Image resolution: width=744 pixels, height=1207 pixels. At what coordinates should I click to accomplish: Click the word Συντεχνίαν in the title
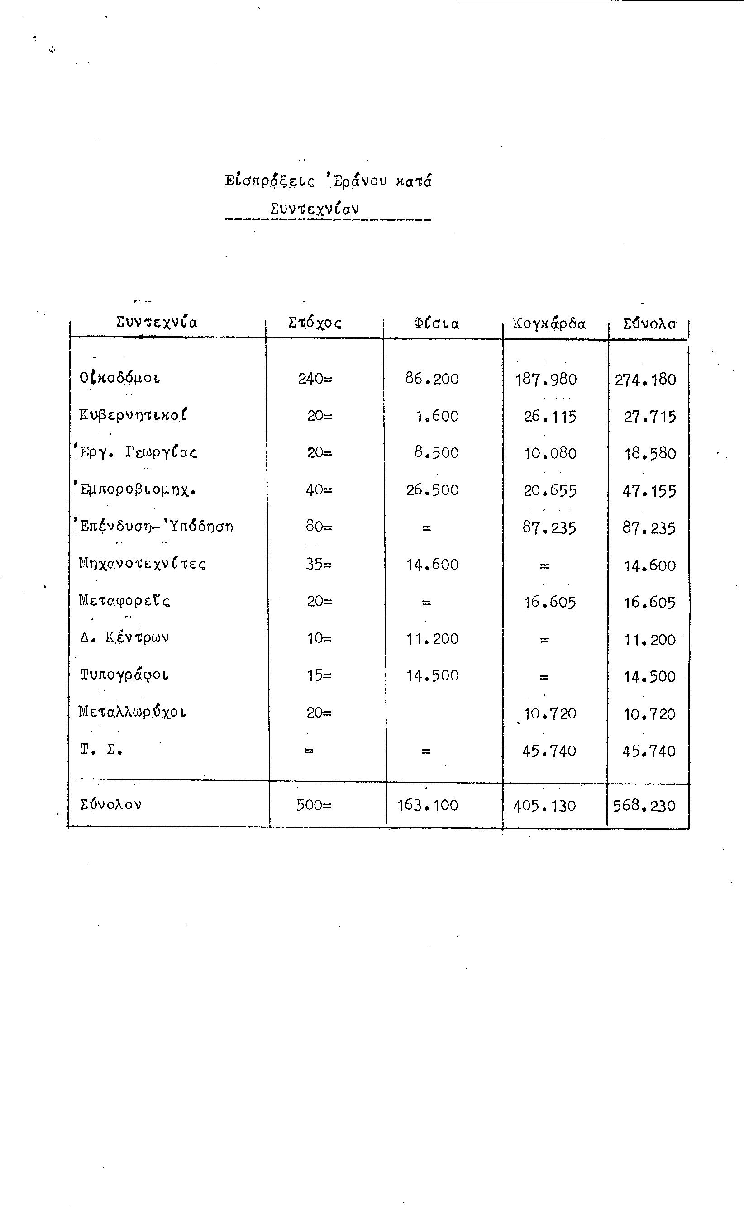click(315, 209)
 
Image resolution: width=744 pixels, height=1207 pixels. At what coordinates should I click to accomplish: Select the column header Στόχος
click(315, 323)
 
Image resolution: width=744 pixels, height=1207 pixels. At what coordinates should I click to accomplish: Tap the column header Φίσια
click(436, 323)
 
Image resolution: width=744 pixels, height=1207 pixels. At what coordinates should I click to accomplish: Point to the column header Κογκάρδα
click(548, 323)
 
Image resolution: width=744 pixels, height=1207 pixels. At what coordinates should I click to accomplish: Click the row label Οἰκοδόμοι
click(120, 378)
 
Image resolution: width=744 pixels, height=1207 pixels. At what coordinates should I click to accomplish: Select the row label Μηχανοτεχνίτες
click(142, 563)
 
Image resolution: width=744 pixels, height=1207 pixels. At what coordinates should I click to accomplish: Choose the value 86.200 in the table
click(432, 379)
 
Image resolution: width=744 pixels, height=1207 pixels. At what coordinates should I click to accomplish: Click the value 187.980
click(546, 379)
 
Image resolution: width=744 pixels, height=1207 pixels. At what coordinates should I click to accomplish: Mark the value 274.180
click(645, 380)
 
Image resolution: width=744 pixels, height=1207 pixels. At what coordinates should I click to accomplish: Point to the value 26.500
click(432, 490)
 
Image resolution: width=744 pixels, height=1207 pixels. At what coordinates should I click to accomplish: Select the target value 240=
click(315, 379)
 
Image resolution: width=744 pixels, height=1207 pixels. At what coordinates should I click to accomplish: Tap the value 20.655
click(550, 490)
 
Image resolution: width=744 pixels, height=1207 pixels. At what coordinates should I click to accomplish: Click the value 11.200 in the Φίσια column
click(432, 639)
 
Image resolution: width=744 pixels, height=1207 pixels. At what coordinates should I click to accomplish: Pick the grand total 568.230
click(644, 806)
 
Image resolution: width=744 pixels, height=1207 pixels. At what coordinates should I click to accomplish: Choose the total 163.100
click(427, 805)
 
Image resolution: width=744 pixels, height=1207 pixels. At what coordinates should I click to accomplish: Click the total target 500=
click(314, 805)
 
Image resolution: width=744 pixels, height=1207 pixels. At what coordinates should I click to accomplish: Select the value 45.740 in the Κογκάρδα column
click(548, 751)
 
